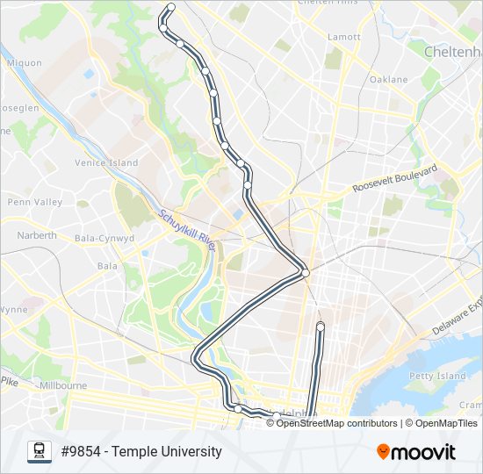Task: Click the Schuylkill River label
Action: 187,229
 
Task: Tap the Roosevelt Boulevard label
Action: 394,178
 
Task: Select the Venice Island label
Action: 106,163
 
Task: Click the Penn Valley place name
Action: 35,202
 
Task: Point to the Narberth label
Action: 37,235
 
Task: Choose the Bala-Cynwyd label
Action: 105,238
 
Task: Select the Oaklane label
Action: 388,79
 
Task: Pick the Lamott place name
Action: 343,37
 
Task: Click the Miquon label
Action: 24,62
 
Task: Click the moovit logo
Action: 416,452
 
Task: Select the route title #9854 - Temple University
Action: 141,452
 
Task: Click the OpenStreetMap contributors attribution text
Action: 337,423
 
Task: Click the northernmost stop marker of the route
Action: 171,7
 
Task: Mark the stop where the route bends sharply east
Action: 306,273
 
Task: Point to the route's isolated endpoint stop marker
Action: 321,327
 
